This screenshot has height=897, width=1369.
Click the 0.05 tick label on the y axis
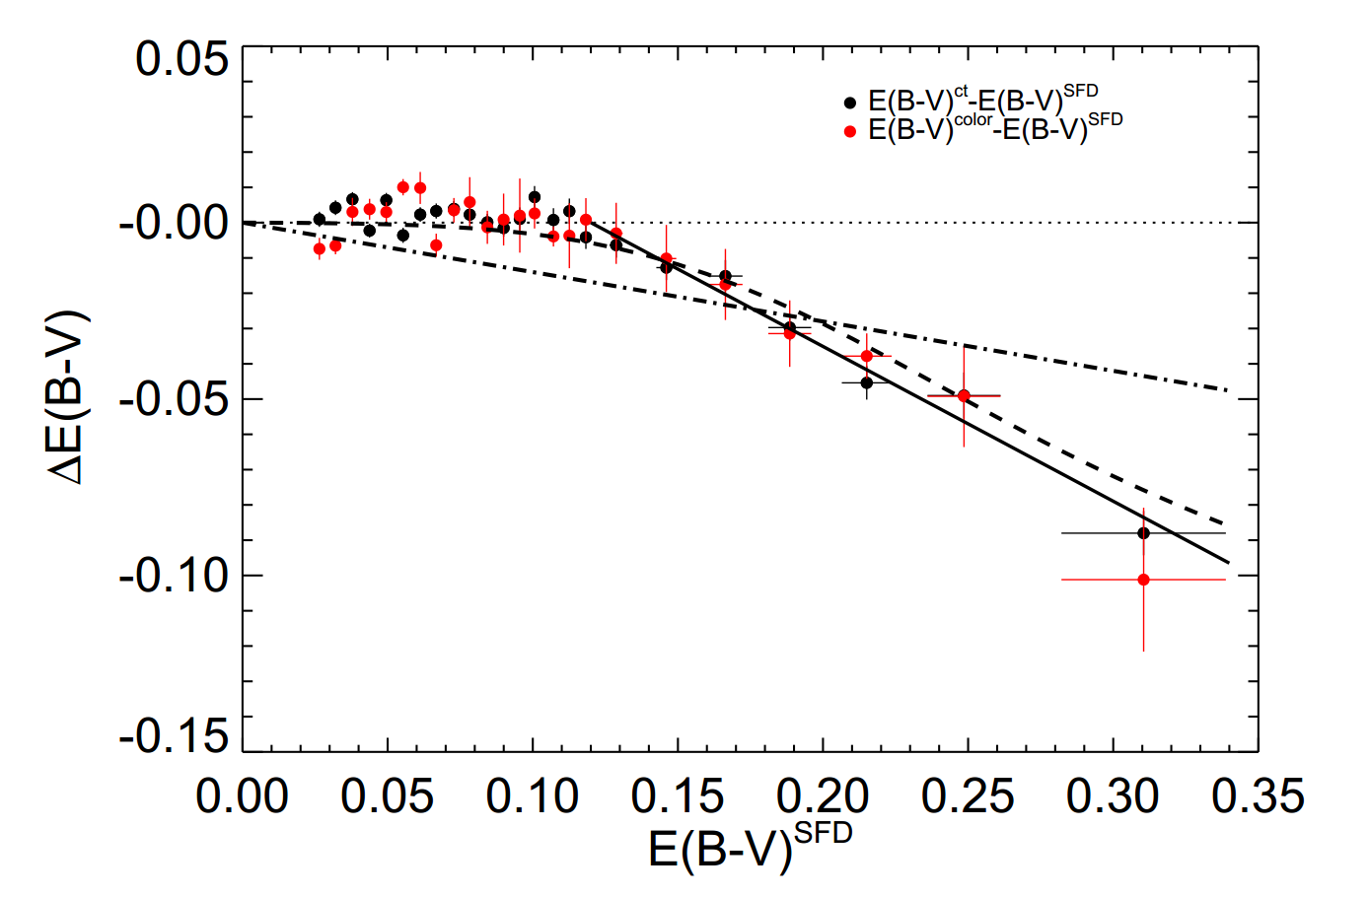coord(181,60)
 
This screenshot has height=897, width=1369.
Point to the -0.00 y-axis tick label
coord(174,224)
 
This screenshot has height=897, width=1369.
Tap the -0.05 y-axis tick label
coord(174,400)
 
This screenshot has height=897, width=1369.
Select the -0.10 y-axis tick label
coord(174,576)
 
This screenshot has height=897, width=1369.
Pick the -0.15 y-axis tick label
coord(174,735)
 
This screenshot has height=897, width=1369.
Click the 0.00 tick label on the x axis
coord(243,796)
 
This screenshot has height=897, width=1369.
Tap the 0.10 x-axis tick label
coord(533,796)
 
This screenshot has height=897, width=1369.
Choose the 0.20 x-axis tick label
coord(823,796)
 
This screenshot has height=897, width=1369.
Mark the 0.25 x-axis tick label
coord(968,796)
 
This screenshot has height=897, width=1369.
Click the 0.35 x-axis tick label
coord(1258,796)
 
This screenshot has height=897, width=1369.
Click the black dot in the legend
coord(850,102)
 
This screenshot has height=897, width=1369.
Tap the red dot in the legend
coord(850,131)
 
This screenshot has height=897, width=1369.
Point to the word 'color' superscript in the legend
coord(973,120)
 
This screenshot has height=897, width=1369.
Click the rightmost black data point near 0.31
coord(1143,533)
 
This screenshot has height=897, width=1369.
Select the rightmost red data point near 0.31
coord(1143,580)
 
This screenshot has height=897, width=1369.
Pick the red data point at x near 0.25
coord(964,396)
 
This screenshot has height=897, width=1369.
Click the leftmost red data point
coord(319,248)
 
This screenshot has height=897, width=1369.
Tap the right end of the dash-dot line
coord(1228,391)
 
